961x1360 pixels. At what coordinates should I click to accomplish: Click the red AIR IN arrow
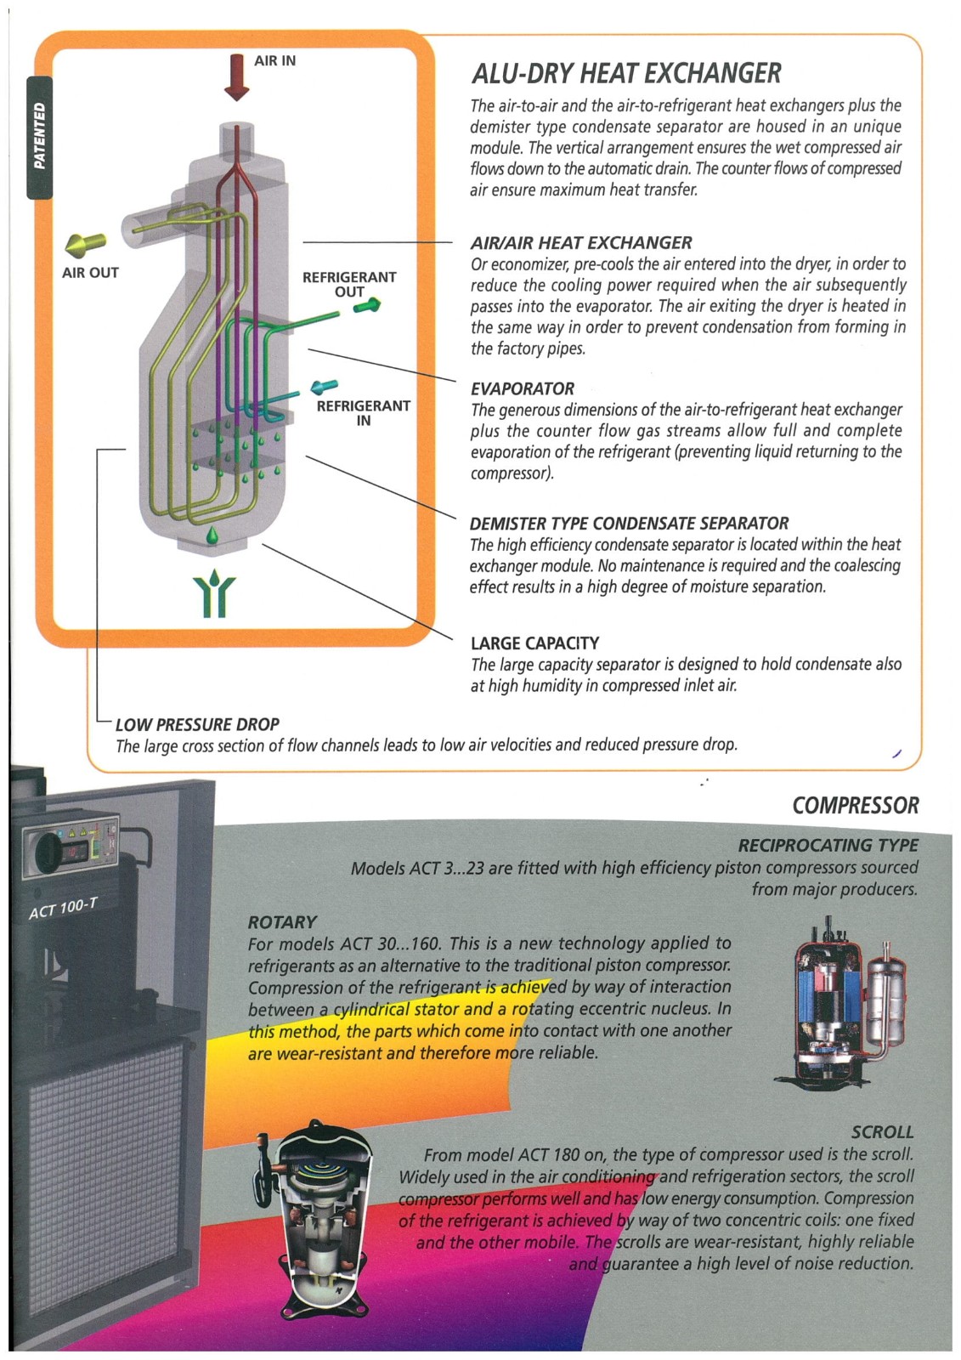point(236,76)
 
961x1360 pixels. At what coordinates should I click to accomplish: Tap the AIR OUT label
point(90,273)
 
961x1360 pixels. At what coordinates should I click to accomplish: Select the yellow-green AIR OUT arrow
point(86,245)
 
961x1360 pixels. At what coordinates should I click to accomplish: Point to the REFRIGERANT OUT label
point(349,284)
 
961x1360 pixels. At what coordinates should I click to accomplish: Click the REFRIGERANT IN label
point(363,413)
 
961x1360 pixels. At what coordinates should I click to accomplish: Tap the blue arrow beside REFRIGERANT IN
point(324,388)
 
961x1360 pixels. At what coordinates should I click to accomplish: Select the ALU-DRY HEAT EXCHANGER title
point(626,74)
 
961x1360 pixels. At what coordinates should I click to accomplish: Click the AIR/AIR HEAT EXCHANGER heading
point(581,243)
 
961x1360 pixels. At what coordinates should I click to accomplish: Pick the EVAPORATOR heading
point(523,389)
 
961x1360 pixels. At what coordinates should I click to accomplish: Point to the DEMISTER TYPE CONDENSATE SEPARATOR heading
point(629,524)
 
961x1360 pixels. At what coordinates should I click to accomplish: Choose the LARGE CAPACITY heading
point(534,643)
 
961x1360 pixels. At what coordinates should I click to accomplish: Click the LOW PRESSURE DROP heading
point(197,725)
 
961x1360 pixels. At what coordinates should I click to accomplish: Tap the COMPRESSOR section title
point(855,806)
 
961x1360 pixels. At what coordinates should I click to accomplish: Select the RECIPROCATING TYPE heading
point(828,846)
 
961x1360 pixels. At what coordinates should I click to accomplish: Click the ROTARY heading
point(282,922)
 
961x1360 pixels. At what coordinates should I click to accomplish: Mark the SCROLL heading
point(882,1132)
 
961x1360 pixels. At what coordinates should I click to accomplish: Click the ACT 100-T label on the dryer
point(63,908)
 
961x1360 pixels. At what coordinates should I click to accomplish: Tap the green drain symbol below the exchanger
point(213,592)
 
